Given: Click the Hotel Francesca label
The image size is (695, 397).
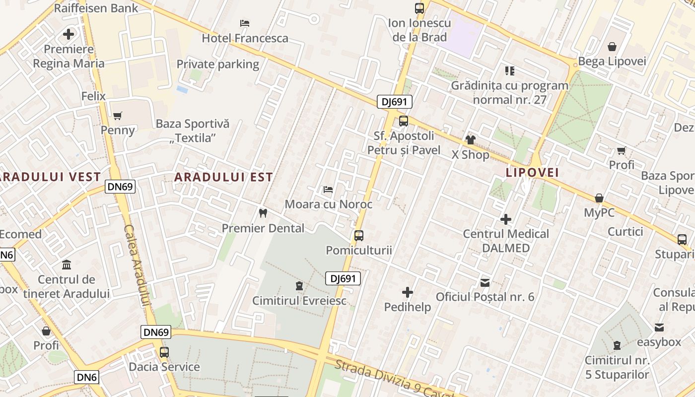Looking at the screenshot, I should (x=245, y=38).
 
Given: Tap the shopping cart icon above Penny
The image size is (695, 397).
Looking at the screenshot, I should (x=118, y=116).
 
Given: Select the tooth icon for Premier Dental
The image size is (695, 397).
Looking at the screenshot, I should (x=263, y=213).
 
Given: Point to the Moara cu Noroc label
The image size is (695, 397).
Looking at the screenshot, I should (x=328, y=204).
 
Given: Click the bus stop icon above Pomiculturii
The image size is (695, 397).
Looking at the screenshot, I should (x=359, y=236).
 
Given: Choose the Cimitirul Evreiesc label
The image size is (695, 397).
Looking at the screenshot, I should (x=299, y=301).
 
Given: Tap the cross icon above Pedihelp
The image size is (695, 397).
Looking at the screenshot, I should (x=408, y=292).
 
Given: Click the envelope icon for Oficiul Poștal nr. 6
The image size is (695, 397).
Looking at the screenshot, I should (x=485, y=283).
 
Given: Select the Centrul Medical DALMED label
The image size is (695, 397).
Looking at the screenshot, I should (x=506, y=241).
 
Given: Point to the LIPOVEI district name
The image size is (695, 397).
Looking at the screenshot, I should (x=532, y=173).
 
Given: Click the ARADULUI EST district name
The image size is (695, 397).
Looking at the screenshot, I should (x=223, y=177).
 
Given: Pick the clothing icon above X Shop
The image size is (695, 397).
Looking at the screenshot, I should (x=470, y=140).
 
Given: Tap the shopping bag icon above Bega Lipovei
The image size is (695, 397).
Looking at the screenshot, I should (x=612, y=47).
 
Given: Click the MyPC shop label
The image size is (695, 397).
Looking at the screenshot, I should (x=599, y=212).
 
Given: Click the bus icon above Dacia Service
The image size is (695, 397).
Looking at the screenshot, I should (x=164, y=352).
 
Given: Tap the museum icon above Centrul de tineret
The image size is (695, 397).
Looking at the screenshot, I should (x=67, y=265).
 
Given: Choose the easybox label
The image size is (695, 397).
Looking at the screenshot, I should (x=659, y=342).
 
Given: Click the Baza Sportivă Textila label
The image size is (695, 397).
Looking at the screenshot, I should (x=193, y=131).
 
